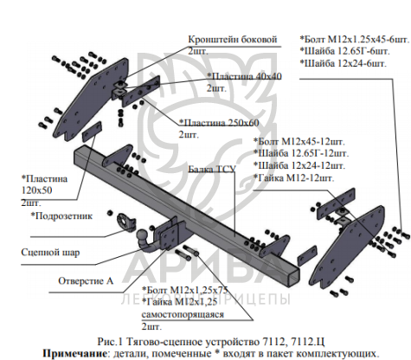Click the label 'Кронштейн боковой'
pos(233,40)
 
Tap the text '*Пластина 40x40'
pos(244,76)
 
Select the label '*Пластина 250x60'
pos(219,123)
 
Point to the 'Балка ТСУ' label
pos(212,169)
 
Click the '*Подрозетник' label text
pos(61,215)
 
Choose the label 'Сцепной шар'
pos(50,253)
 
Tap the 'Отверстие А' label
pos(86,281)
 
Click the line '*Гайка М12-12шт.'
pos(294,177)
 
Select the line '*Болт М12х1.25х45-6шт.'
pos(355,39)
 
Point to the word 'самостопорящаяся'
pos(183,314)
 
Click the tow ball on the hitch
pos(143,235)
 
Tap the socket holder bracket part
pos(126,222)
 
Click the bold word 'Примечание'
pos(73,353)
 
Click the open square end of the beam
pos(294,278)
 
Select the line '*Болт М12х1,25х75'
pos(185,290)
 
